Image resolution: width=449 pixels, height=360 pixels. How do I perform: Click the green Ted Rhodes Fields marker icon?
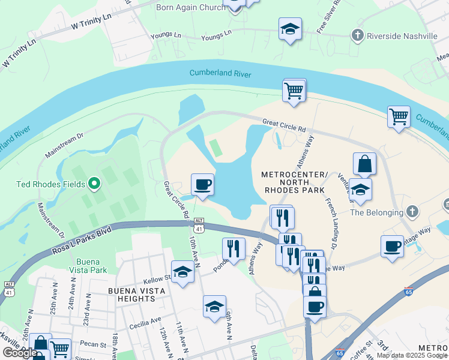[94, 183]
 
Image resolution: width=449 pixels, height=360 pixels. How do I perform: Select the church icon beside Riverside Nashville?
[358, 35]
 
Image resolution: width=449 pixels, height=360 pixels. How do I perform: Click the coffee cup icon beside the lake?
[202, 184]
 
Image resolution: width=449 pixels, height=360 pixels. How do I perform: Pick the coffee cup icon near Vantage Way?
[392, 246]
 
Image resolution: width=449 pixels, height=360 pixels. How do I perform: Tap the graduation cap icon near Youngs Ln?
[290, 28]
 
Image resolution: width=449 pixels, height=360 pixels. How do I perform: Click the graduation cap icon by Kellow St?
[182, 272]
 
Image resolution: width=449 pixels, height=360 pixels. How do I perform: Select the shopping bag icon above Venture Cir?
[364, 163]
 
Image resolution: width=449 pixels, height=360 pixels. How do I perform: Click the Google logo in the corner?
[20, 353]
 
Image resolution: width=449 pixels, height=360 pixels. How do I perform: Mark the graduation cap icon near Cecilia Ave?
[214, 307]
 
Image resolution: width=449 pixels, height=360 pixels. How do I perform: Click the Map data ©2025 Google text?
[411, 355]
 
